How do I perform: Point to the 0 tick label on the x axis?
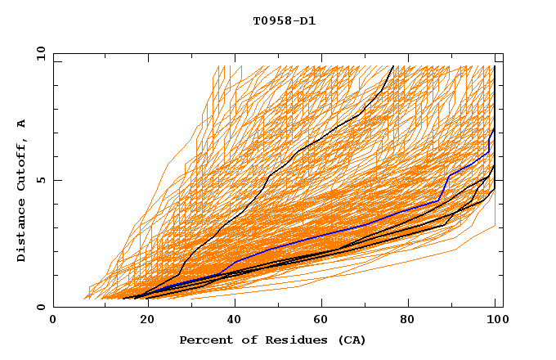[x=53, y=320]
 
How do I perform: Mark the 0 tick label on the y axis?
[x=42, y=308]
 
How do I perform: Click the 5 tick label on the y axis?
[x=42, y=180]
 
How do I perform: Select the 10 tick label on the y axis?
[x=38, y=53]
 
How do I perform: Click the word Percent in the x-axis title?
[x=203, y=340]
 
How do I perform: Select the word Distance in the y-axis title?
[x=22, y=231]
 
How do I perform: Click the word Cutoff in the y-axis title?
[x=22, y=166]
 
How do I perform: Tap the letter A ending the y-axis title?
[x=22, y=124]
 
